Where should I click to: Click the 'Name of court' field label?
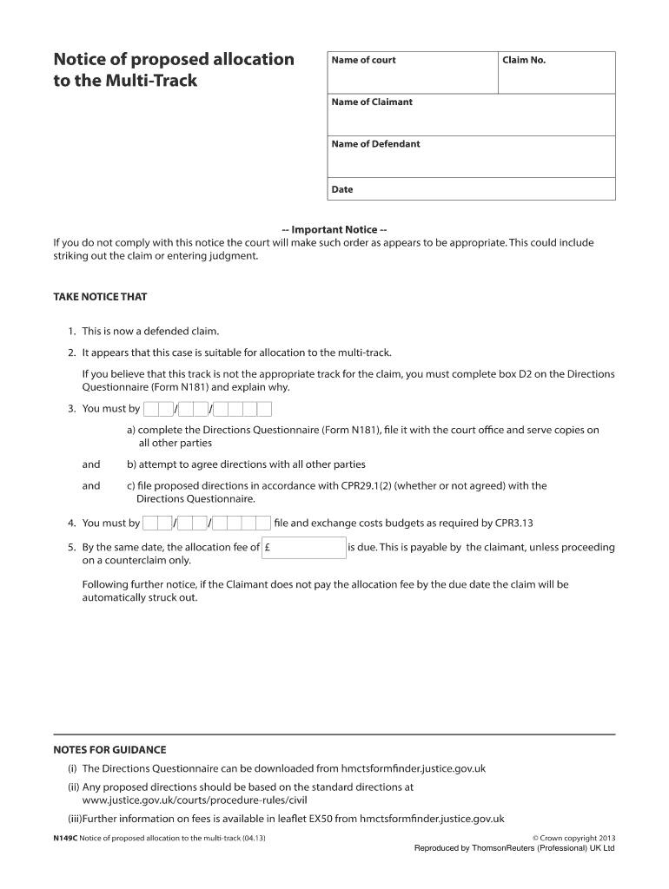[363, 60]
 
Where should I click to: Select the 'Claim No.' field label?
[524, 60]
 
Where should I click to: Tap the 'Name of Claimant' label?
[372, 102]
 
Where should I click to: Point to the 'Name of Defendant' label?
[375, 144]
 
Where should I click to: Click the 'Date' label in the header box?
[342, 189]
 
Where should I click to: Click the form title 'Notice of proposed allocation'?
[174, 60]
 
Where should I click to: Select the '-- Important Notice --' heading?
[334, 230]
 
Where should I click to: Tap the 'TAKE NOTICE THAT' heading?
[101, 297]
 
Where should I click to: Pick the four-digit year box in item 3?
[242, 409]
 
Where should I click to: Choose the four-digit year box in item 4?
[242, 524]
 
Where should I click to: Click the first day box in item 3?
[157, 409]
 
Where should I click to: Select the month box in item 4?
[192, 524]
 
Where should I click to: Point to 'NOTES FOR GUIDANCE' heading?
[109, 749]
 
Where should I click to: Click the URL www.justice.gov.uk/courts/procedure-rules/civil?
[194, 800]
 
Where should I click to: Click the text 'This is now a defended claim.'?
[150, 332]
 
